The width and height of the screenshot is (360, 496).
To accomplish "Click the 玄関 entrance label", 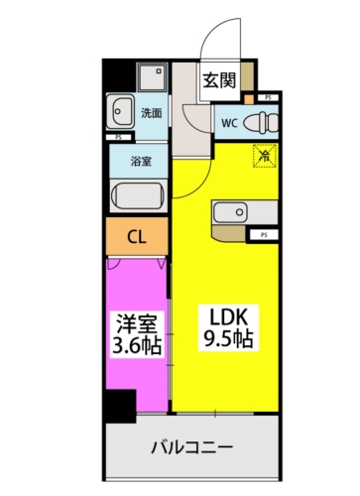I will tap(220, 81).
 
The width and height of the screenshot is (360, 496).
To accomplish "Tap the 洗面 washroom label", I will tap(153, 112).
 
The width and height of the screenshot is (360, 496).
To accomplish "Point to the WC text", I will tap(228, 123).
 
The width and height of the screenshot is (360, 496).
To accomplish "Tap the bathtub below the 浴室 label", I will tap(138, 194).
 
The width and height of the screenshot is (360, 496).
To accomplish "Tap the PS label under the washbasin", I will tap(119, 136).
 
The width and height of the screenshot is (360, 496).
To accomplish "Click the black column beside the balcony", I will tap(118, 407).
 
